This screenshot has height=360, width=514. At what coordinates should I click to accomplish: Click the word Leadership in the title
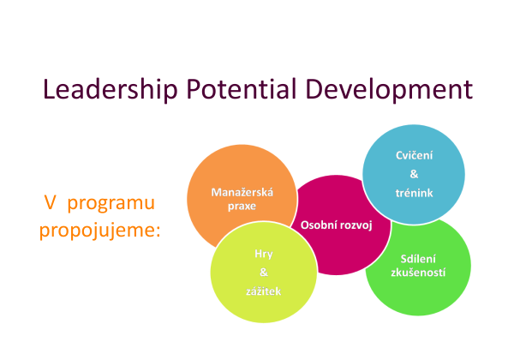click(111, 89)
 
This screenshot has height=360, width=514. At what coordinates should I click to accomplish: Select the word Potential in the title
click(242, 88)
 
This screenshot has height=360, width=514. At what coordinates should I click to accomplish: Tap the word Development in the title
click(389, 89)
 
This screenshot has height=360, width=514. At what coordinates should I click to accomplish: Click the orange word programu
click(111, 203)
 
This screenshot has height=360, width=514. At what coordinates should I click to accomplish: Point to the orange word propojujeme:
click(100, 231)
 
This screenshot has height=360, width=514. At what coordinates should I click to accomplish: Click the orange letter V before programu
click(50, 202)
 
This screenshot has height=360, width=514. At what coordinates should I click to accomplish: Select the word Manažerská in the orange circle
click(242, 192)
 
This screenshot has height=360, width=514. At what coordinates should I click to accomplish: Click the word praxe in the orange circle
click(242, 207)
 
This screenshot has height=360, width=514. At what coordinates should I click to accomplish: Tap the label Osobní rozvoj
click(337, 225)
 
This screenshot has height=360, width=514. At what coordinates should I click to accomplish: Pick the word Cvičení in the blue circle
click(414, 155)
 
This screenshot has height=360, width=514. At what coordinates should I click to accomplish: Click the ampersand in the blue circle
click(414, 174)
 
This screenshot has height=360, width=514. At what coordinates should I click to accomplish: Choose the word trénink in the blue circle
click(414, 193)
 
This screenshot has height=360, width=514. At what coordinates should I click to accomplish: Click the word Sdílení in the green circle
click(418, 259)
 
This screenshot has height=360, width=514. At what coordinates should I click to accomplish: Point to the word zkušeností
click(418, 273)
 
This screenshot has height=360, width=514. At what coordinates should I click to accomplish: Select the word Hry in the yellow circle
click(264, 254)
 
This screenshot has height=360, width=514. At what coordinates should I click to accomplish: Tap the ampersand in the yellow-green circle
click(264, 272)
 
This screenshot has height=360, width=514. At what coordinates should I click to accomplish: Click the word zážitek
click(264, 291)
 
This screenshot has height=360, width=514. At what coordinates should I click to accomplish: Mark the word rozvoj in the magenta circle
click(356, 225)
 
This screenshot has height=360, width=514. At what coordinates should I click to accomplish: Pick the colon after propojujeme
click(158, 231)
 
